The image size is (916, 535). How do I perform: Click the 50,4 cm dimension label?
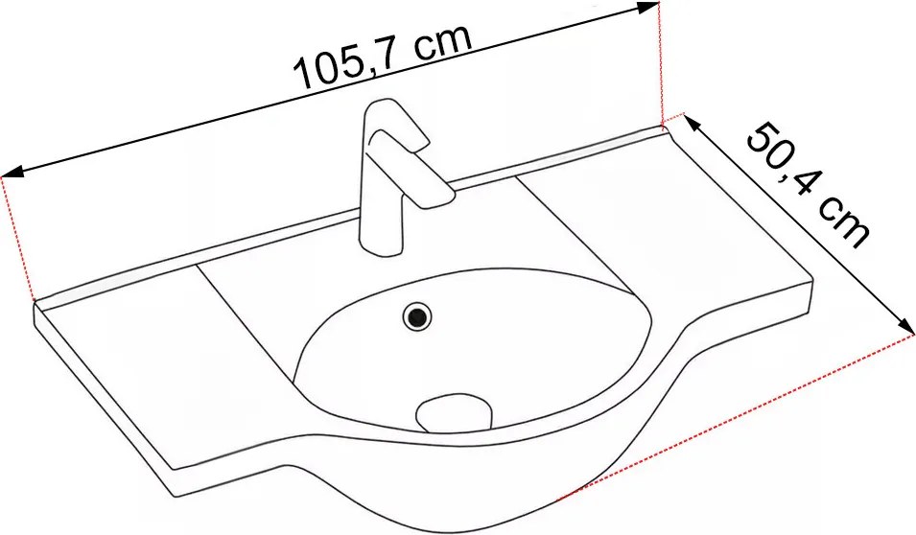pos(808,184)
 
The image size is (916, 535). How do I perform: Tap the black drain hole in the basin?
pos(417,316)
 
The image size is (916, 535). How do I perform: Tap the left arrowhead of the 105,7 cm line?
pos(12,172)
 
